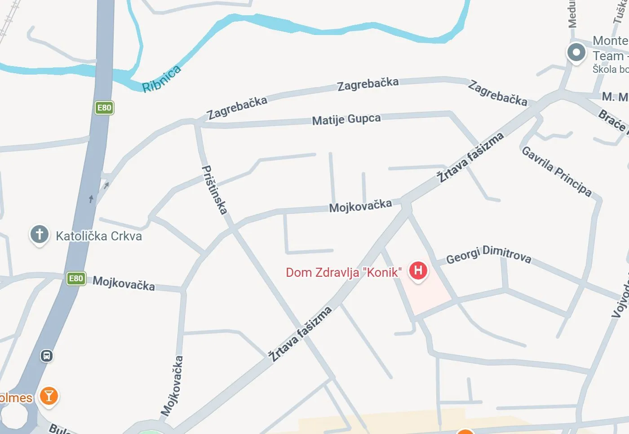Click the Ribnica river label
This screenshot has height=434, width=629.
[162, 79]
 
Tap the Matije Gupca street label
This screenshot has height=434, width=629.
[346, 120]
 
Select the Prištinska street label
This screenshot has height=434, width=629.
[214, 190]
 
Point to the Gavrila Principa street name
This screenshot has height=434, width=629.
[557, 171]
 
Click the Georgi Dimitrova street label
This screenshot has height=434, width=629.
[488, 255]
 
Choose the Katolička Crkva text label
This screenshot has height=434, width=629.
[99, 236]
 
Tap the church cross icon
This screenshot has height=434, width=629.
[40, 234]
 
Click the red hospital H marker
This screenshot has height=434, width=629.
[418, 270]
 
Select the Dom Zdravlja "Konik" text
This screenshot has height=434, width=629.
[344, 272]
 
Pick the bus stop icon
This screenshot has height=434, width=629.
[47, 356]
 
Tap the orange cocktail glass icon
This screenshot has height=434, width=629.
[49, 396]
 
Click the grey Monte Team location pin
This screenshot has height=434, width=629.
[576, 52]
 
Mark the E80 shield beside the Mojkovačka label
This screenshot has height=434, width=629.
[76, 279]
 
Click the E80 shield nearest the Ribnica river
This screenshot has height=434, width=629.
[104, 108]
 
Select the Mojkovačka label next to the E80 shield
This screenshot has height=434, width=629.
[124, 283]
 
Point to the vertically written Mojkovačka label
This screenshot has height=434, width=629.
[173, 385]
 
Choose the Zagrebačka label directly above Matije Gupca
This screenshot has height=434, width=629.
[368, 84]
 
